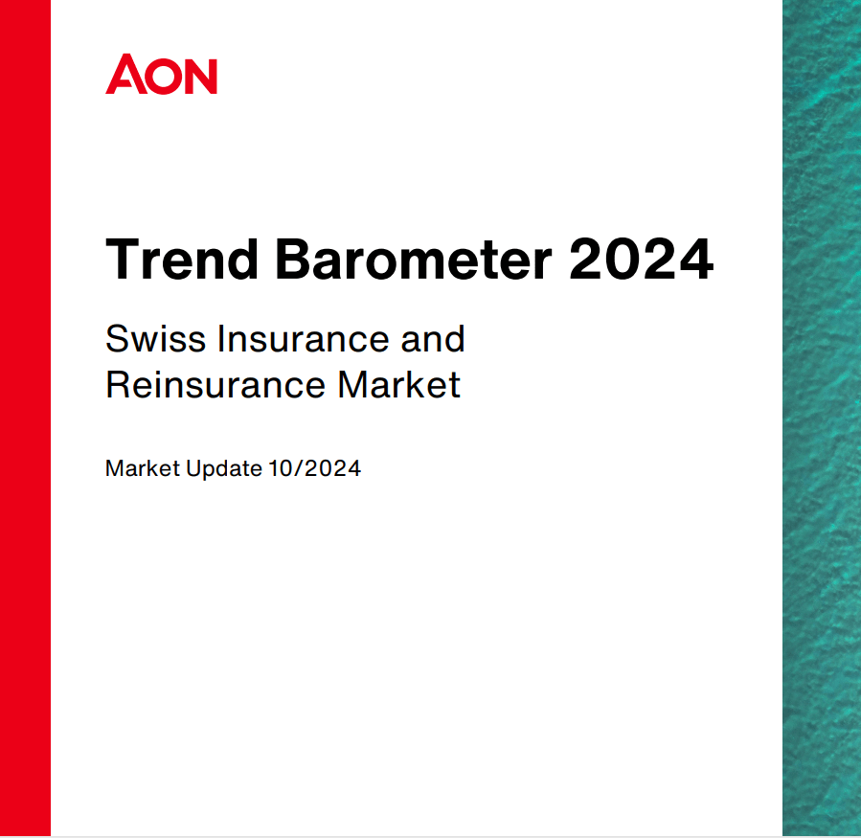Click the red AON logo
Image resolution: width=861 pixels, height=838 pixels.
[x=161, y=75]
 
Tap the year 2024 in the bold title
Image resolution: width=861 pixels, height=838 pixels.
[x=642, y=260]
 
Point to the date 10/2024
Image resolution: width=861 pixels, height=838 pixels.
[x=314, y=469]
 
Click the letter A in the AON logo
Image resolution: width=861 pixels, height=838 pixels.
[x=124, y=76]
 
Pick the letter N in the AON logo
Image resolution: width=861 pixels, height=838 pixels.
[x=200, y=76]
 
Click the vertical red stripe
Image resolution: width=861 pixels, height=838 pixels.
[x=25, y=419]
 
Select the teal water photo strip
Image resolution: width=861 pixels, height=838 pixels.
[x=821, y=419]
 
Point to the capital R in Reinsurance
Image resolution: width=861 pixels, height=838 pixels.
[x=118, y=385]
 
